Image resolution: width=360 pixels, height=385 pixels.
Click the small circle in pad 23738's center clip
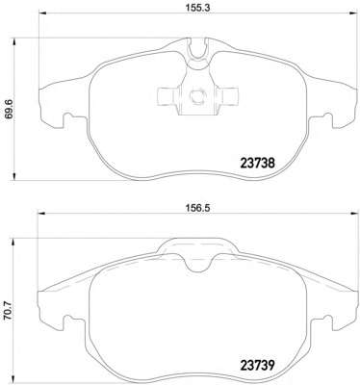tap(196, 95)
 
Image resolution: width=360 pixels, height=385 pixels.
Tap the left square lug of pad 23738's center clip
tap(162, 95)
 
